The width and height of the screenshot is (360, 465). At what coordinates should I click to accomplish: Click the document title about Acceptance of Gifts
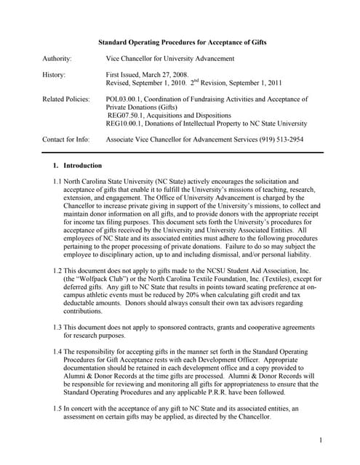point(182,43)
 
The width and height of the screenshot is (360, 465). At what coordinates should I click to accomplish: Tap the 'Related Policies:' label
point(66,98)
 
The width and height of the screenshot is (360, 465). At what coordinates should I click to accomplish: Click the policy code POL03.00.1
point(124,98)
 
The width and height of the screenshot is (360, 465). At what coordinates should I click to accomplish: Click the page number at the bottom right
point(321,440)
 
